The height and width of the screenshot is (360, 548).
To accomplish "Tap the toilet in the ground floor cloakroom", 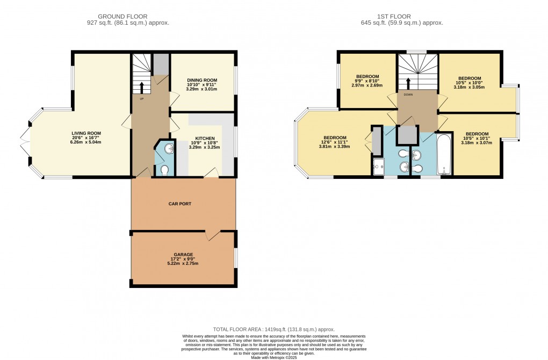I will tap(165, 170).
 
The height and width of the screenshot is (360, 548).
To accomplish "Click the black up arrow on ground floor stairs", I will tap(142, 87).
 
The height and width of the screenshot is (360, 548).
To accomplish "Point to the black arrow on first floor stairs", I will tap(408, 83).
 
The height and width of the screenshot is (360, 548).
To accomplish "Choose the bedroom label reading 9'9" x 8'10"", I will tap(367, 80).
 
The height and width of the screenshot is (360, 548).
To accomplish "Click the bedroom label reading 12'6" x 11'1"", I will tap(334, 141).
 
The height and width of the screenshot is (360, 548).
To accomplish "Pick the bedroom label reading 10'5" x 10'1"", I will tap(477, 138).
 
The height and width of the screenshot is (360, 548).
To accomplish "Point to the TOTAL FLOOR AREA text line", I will tap(273, 329).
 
